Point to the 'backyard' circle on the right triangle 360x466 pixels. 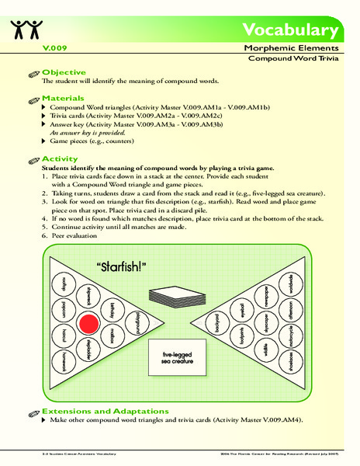pos(218,329)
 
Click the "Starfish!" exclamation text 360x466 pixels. pos(122,267)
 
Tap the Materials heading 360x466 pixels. pos(64,99)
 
